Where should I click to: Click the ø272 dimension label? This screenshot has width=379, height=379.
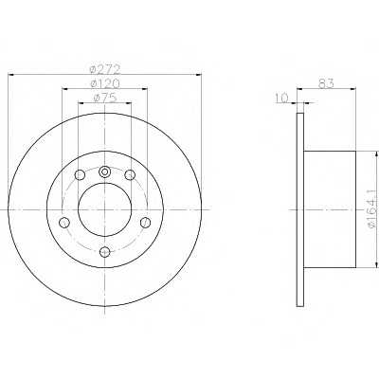click(105, 69)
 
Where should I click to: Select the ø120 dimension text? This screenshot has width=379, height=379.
click(105, 83)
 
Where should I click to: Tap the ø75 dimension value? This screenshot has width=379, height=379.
click(105, 98)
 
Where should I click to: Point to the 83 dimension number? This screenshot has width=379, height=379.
click(326, 83)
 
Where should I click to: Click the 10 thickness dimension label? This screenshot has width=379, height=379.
click(282, 99)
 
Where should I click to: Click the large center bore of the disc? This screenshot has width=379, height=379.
click(105, 209)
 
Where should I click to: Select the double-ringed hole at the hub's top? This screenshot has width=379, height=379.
click(105, 171)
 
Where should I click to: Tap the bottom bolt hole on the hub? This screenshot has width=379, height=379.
click(105, 252)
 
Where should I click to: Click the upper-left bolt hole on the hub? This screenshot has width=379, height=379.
click(80, 174)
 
